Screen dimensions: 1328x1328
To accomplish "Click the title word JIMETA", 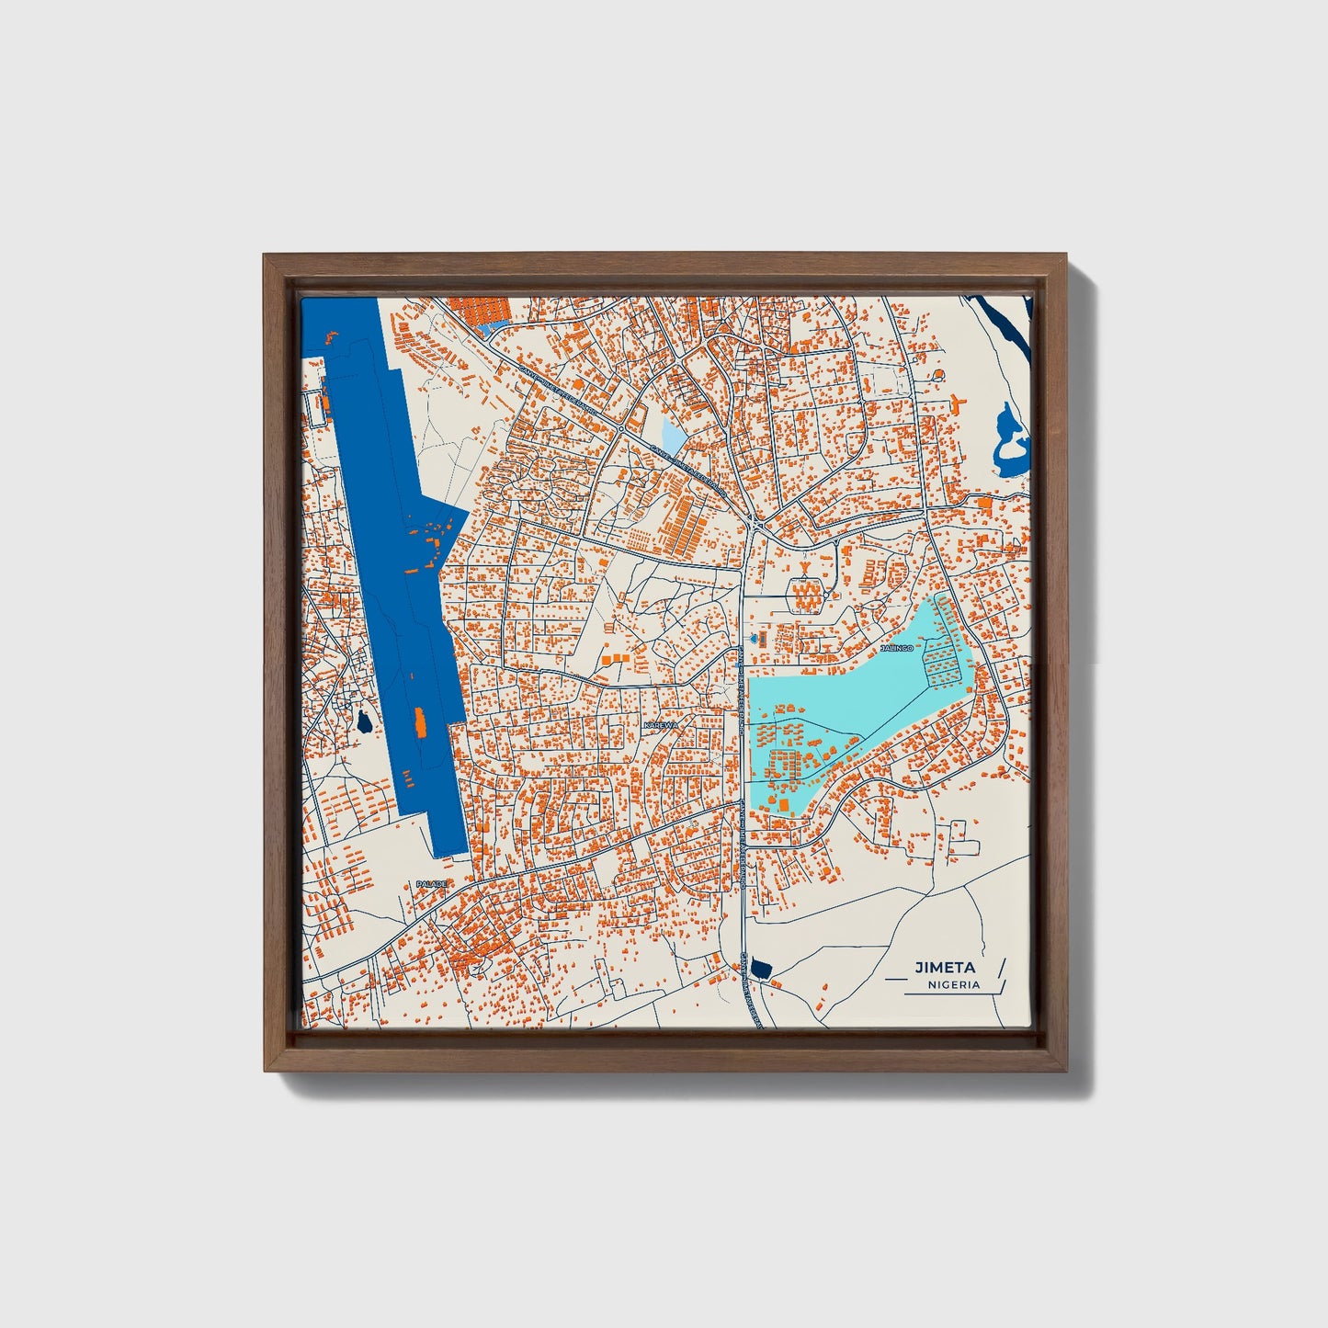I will click(945, 967).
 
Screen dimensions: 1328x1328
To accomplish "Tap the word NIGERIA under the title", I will click(953, 984).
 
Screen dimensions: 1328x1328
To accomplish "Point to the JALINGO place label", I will click(897, 648).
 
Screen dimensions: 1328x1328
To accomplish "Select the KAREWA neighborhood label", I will click(661, 725).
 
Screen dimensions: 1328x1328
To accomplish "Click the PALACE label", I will click(431, 883).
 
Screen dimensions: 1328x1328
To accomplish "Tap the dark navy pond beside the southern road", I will click(759, 967).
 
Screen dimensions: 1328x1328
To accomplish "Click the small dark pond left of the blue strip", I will click(365, 722).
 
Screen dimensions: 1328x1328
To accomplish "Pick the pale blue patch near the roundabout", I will click(674, 436).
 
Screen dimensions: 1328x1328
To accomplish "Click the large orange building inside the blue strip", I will click(420, 722).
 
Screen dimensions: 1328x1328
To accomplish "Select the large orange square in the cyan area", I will click(785, 805).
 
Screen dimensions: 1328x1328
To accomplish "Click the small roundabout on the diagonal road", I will click(621, 428).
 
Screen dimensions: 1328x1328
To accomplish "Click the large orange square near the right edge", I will click(984, 503).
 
